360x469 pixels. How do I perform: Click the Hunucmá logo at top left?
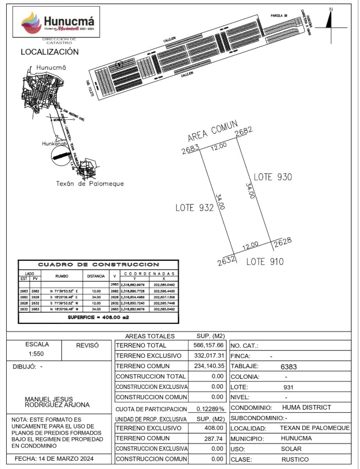(x=58, y=23)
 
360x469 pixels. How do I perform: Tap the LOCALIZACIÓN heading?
(x=49, y=52)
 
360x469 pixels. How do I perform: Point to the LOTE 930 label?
(x=272, y=177)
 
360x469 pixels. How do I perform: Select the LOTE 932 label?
(x=195, y=208)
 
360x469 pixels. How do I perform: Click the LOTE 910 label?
(x=265, y=262)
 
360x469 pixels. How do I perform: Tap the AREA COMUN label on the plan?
(x=213, y=131)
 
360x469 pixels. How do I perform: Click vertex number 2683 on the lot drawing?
(x=190, y=151)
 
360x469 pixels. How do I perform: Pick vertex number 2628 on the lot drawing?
(x=282, y=242)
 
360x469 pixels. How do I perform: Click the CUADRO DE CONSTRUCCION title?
(x=98, y=265)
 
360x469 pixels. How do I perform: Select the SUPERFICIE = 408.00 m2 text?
(x=98, y=317)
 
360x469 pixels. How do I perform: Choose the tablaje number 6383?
(x=289, y=366)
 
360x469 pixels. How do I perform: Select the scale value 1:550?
(x=37, y=354)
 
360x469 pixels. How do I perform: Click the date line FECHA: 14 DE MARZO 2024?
(x=58, y=459)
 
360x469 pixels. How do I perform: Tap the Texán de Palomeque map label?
(x=90, y=184)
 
